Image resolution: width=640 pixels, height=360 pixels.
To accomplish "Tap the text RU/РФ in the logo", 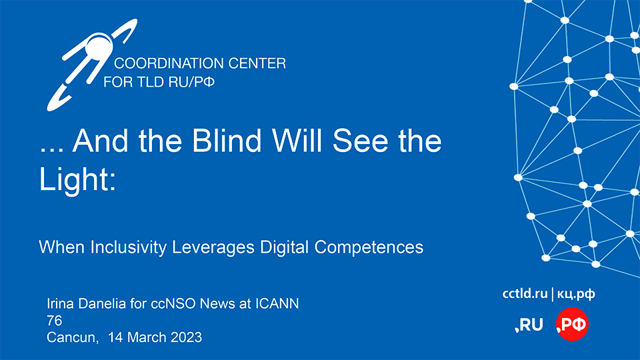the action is (191, 82).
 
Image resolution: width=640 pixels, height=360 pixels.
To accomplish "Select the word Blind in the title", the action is (227, 141).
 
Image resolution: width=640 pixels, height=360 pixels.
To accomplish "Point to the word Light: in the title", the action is (77, 179).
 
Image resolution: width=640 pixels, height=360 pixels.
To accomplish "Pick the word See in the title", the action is (361, 141).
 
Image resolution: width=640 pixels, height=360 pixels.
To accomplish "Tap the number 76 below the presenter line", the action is (54, 321).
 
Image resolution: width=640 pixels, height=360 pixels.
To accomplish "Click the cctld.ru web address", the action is (525, 293).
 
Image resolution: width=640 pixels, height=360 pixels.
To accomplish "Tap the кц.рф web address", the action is (576, 294).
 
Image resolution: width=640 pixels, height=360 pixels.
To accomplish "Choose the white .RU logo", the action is (529, 325).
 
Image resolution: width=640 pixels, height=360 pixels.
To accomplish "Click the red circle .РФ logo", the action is (572, 324).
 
